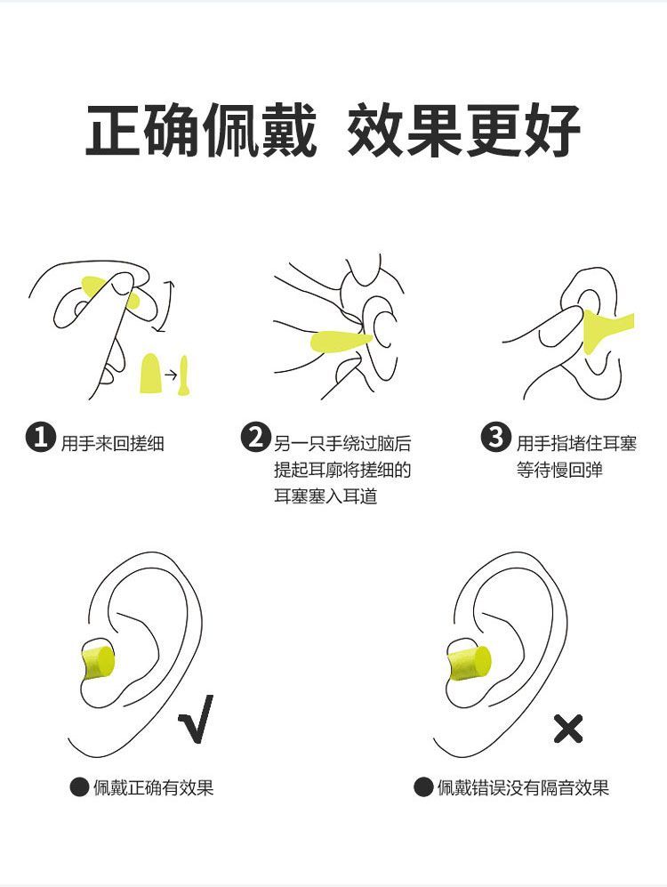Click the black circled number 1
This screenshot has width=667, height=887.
pyautogui.click(x=41, y=438)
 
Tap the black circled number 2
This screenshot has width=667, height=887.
pyautogui.click(x=255, y=438)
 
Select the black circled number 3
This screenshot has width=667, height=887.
pyautogui.click(x=495, y=438)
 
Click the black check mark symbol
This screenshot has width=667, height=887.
pyautogui.click(x=197, y=719)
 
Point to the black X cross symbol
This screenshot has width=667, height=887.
pyautogui.click(x=567, y=729)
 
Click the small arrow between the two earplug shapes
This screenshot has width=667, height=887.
pyautogui.click(x=171, y=375)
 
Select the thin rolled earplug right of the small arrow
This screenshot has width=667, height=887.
pyautogui.click(x=184, y=375)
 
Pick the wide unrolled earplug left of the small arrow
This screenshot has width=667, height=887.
pyautogui.click(x=151, y=374)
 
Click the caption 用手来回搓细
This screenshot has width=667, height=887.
pyautogui.click(x=112, y=443)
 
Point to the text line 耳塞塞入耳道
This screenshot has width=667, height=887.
pyautogui.click(x=325, y=496)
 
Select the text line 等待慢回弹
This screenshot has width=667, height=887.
pyautogui.click(x=559, y=470)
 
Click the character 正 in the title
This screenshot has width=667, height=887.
pyautogui.click(x=113, y=130)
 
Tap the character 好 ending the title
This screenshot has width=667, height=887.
pyautogui.click(x=552, y=130)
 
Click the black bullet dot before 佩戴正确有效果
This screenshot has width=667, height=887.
pyautogui.click(x=79, y=786)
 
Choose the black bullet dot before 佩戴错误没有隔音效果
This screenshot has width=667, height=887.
pyautogui.click(x=422, y=786)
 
